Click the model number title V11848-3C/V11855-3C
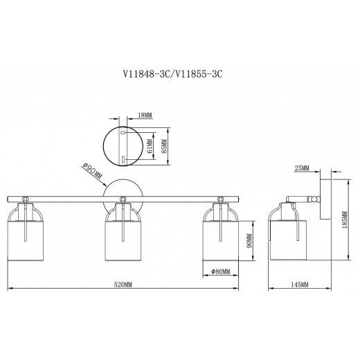[173, 74]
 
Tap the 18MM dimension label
[145, 115]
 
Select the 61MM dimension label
[150, 147]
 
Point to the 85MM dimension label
[165, 146]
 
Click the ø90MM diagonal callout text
[91, 172]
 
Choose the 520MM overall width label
[123, 285]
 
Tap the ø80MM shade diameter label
[221, 271]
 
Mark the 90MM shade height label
[249, 241]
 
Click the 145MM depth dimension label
[299, 285]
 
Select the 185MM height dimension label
[345, 219]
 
